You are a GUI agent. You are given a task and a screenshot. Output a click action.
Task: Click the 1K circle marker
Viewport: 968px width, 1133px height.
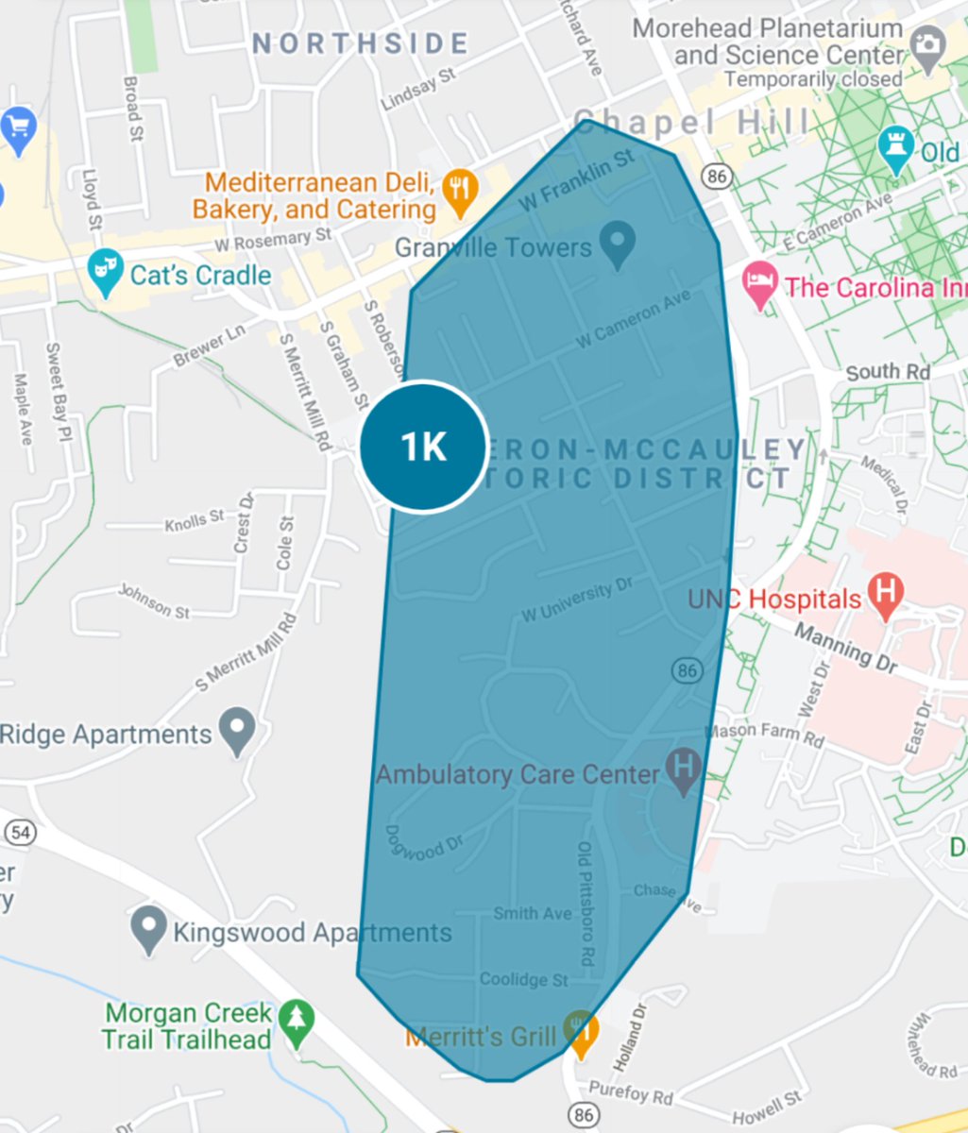tap(424, 447)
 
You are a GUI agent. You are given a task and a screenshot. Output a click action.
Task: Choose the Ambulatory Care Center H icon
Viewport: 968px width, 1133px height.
tap(684, 770)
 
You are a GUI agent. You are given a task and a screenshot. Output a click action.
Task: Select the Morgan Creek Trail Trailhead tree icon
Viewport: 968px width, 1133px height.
tap(297, 1023)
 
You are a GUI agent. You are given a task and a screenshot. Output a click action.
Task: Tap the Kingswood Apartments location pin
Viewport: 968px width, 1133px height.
tap(148, 929)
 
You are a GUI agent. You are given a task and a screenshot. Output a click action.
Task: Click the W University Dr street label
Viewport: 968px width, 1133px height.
tap(577, 601)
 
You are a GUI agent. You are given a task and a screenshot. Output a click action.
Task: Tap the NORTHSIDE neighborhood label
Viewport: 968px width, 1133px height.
tap(360, 43)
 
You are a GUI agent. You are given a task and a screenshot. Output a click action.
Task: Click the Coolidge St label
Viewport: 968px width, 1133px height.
tap(523, 979)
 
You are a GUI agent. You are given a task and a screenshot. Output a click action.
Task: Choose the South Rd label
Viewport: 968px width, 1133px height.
tap(888, 372)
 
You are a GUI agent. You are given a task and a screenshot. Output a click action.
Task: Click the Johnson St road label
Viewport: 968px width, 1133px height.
tap(153, 601)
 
